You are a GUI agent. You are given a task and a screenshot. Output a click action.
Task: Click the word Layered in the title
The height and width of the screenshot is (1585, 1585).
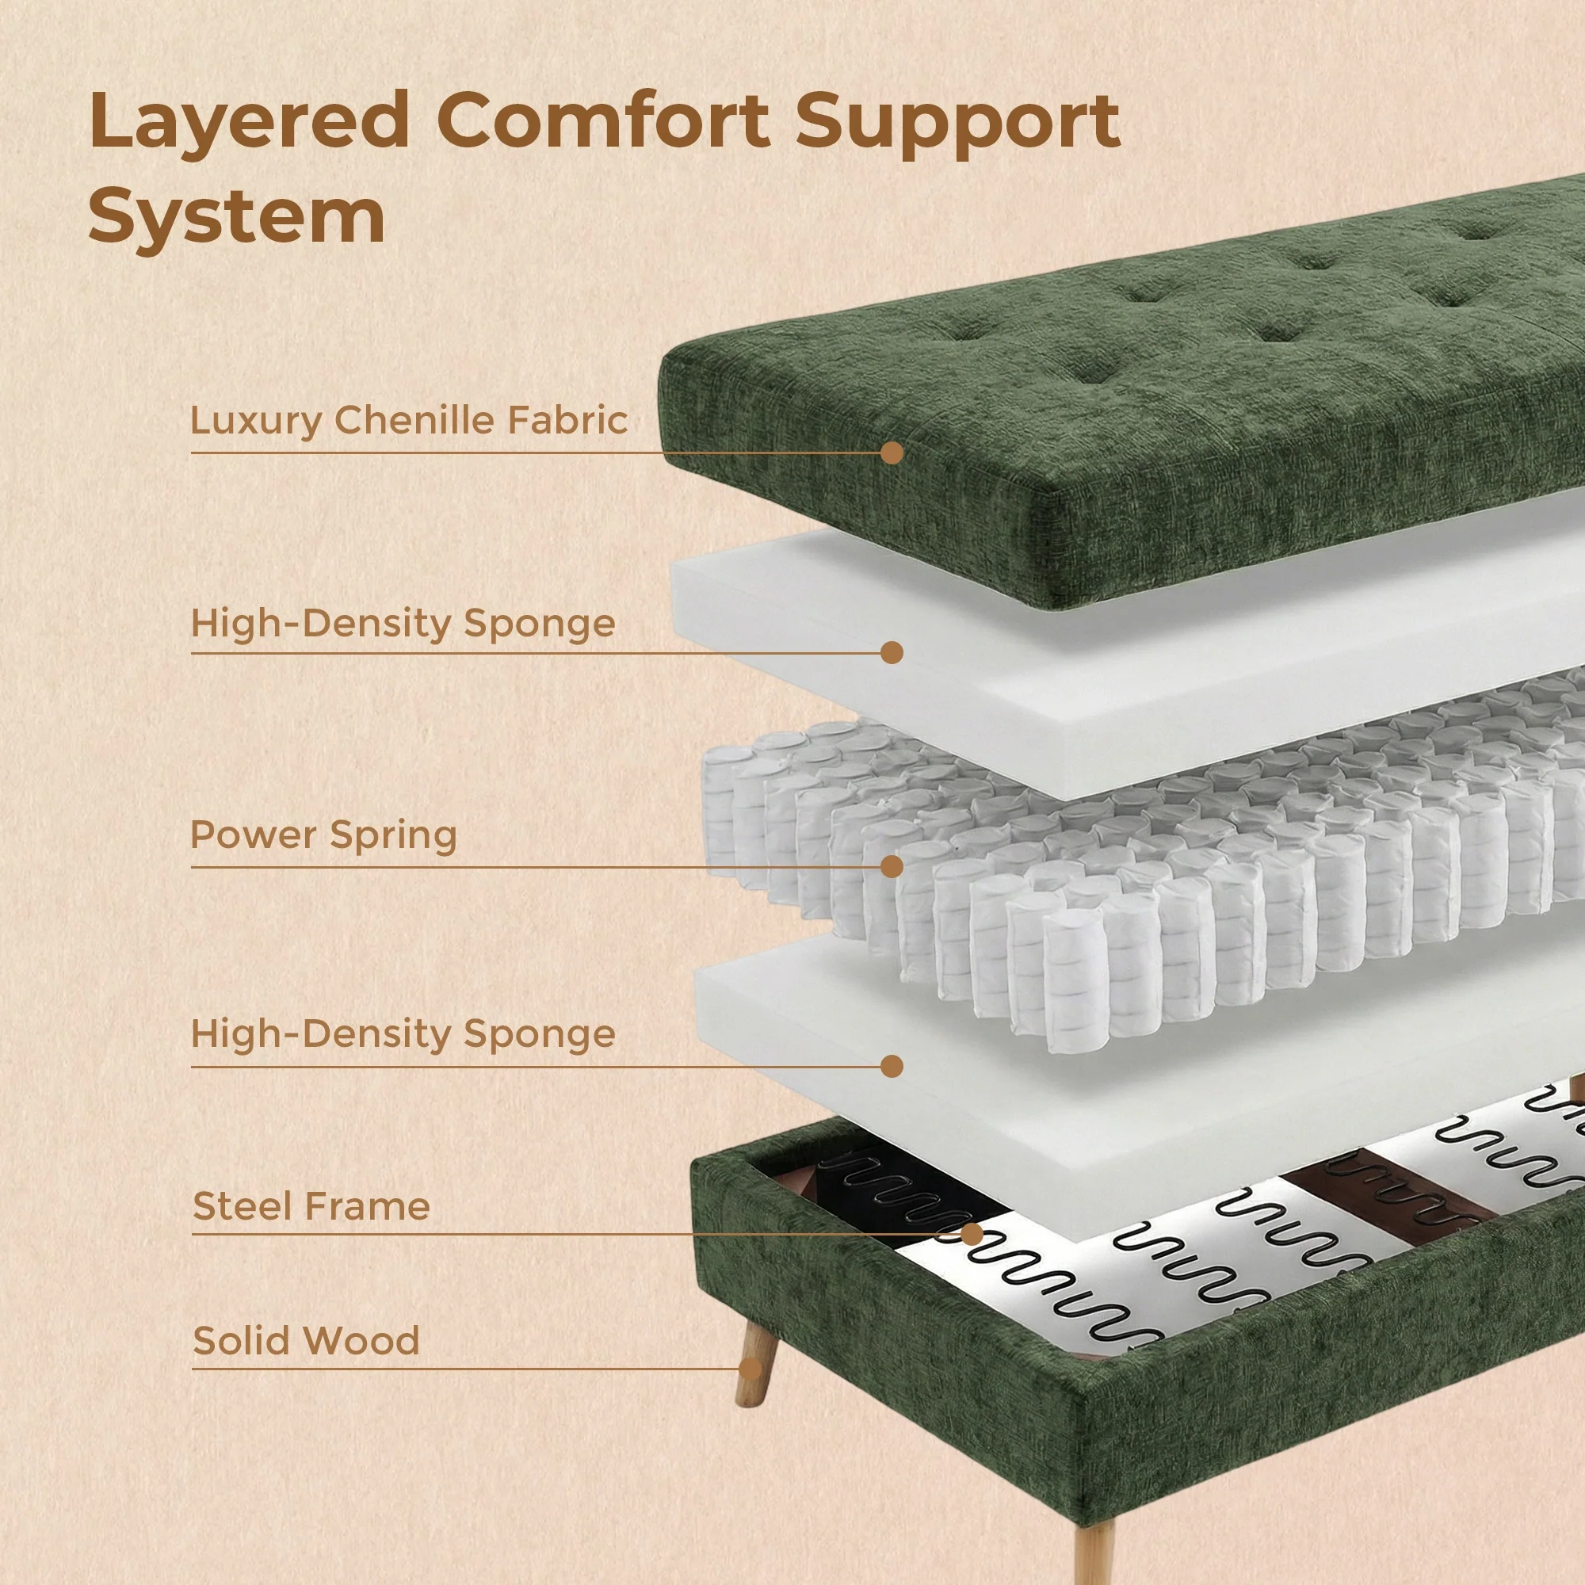[249, 121]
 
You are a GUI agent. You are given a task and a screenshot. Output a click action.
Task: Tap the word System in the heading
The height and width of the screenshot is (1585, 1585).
[236, 215]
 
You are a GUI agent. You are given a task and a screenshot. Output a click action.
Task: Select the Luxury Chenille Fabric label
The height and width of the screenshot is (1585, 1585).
[409, 420]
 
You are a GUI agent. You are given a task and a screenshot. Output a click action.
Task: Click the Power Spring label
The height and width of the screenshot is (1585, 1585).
[323, 835]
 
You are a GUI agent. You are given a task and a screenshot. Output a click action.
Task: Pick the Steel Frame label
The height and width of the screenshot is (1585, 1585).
[311, 1207]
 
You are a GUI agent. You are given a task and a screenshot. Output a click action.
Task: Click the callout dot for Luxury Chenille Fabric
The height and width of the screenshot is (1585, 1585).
[892, 453]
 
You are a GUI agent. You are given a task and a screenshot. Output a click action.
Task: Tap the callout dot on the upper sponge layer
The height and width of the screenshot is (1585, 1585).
[892, 653]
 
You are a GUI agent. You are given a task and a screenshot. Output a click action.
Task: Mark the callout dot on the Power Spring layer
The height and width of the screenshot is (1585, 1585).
[892, 866]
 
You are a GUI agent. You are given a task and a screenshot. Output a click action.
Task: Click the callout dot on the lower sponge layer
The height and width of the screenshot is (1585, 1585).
[892, 1067]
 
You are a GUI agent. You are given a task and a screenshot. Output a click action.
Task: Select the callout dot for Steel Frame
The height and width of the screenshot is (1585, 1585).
[972, 1234]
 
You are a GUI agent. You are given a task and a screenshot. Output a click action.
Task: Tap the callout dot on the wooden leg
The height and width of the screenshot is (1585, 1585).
[750, 1369]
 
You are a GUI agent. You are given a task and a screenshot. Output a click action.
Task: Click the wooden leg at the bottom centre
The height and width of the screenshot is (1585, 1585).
[1094, 1551]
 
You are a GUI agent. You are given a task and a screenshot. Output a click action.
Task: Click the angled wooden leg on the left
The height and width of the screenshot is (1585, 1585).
[755, 1362]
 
